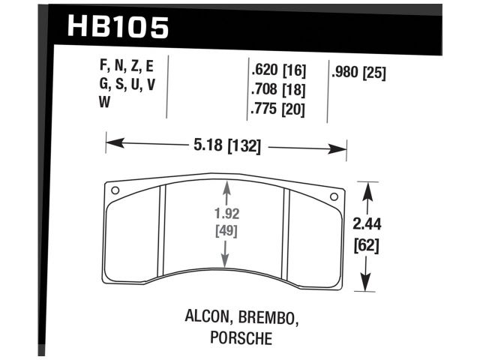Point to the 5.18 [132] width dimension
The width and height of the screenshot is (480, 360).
click(226, 146)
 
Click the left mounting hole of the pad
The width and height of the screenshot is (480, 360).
click(115, 190)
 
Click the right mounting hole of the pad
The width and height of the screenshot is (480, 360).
click(334, 196)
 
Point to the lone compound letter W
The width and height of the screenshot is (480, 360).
click(105, 103)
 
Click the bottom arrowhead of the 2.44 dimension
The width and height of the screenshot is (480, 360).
click(365, 285)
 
